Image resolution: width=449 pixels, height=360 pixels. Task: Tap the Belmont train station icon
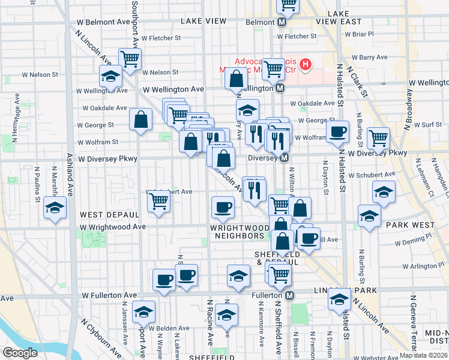(281, 23)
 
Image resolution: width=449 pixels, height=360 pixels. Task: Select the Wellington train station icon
(280, 88)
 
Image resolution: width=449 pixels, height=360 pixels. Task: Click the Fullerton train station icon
(289, 296)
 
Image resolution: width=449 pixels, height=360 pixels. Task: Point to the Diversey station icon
(285, 158)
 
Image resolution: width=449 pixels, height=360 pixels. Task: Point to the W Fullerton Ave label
(109, 296)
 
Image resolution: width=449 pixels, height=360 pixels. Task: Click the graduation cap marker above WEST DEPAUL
(55, 208)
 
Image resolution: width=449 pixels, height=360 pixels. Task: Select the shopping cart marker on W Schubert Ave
(158, 200)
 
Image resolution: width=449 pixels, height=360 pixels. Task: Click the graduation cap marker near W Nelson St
(110, 76)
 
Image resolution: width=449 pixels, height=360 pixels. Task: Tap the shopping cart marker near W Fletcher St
(130, 59)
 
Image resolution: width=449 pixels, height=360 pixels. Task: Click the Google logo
(20, 353)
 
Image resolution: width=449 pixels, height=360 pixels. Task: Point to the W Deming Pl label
(409, 243)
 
